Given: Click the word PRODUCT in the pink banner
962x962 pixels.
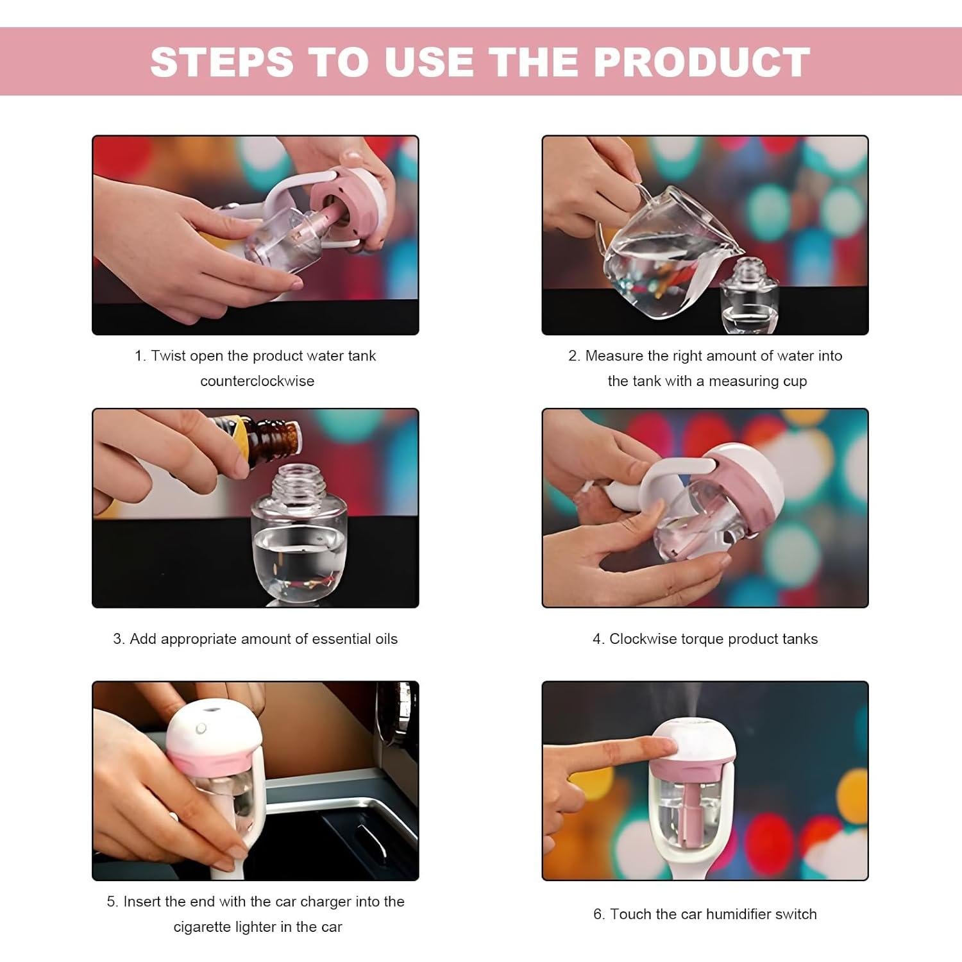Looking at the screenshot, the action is [702, 62].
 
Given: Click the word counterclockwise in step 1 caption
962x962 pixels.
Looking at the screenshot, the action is [257, 381].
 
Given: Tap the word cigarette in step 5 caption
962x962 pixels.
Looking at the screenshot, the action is [200, 927].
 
